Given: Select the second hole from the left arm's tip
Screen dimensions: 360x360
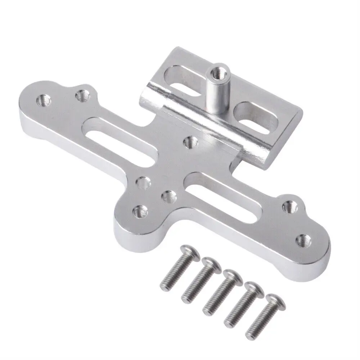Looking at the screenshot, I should [x=82, y=95].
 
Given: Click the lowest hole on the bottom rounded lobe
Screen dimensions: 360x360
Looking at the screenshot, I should [x=140, y=210].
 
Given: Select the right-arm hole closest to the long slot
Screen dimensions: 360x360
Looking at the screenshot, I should [x=289, y=206].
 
